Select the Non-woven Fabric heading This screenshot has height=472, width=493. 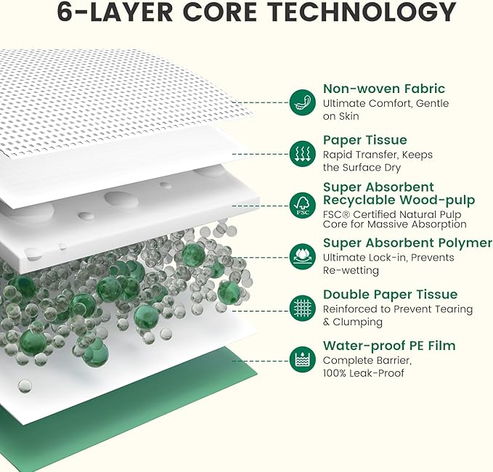384,89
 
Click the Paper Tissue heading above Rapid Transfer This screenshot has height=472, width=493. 365,140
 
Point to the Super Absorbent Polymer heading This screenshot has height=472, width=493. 407,243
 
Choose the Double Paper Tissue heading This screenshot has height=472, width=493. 390,295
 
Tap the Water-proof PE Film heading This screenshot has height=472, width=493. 389,346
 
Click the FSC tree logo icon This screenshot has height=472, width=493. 303,206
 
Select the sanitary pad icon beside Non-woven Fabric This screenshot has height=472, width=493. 303,102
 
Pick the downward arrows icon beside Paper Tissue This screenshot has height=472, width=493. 303,154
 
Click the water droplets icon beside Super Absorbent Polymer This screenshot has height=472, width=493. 303,257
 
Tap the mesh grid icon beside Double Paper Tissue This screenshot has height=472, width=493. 303,308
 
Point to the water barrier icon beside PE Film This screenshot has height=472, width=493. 303,359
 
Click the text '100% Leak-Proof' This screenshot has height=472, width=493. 364,373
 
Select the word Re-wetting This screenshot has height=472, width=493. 351,270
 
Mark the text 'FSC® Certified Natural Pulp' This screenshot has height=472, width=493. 392,214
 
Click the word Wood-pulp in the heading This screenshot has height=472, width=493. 437,200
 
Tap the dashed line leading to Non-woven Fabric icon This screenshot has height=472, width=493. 261,102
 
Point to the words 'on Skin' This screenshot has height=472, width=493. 341,116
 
